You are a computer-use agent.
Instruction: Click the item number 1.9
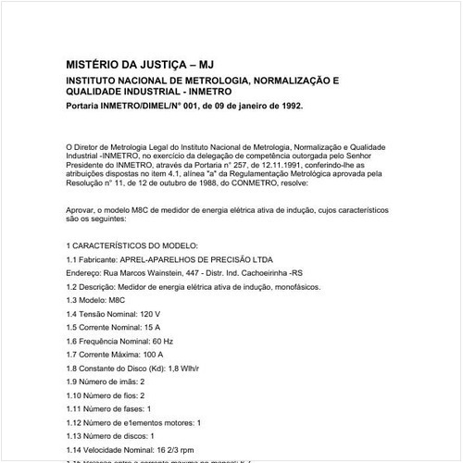73,382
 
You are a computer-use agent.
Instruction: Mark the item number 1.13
76,435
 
